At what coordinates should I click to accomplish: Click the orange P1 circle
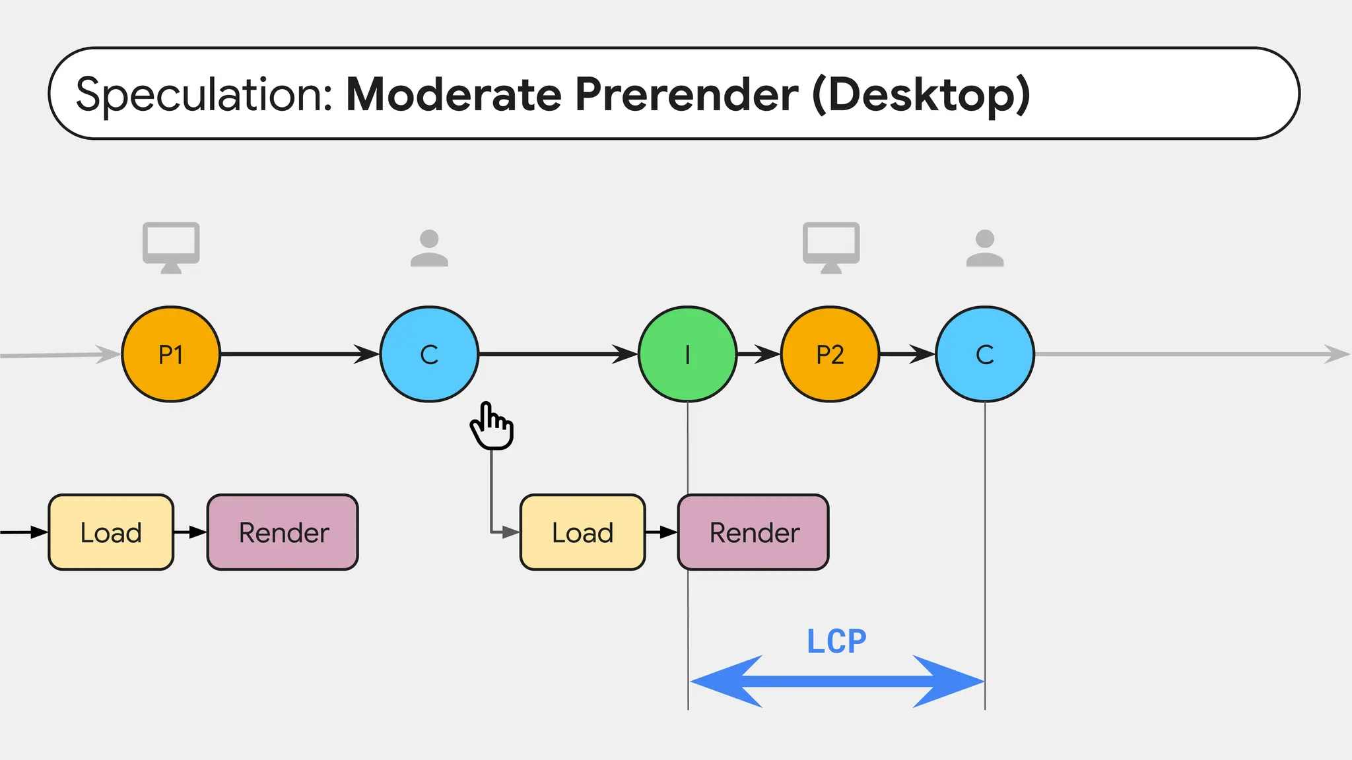coord(171,354)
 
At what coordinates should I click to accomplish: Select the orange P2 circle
coord(830,354)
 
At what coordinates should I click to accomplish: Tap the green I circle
coord(687,354)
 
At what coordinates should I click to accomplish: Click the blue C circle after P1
coord(429,354)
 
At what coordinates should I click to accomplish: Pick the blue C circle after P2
coord(984,354)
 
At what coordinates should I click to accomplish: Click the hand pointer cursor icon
coord(492,426)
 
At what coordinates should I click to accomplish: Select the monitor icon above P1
coord(171,247)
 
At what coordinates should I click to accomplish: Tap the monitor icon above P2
coord(830,247)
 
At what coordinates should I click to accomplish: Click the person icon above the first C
coord(429,248)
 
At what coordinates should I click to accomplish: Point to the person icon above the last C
coord(984,248)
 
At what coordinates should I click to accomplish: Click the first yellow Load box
coord(111,532)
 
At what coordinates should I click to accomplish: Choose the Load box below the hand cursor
coord(582,532)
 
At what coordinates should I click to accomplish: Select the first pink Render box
coord(283,532)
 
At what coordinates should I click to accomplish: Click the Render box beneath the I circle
coord(753,532)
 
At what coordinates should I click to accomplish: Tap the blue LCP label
coord(836,641)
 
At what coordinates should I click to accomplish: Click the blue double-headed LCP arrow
coord(836,681)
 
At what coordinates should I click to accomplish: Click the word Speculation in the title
coord(205,94)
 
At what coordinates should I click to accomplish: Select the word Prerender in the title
coord(687,94)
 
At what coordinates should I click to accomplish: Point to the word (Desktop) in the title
coord(920,94)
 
